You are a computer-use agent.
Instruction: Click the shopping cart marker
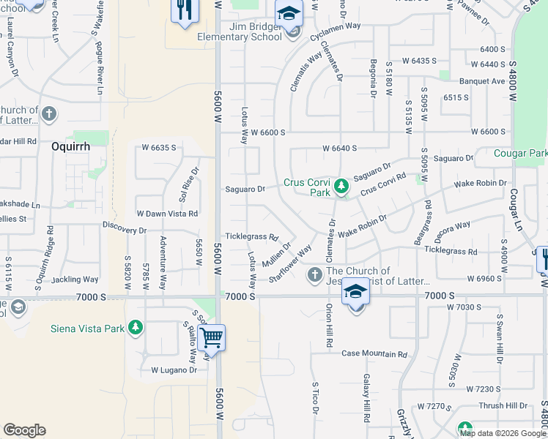211,337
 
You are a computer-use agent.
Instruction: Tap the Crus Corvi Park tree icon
341,187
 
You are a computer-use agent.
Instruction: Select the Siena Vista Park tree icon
135,328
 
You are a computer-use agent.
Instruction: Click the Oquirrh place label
70,146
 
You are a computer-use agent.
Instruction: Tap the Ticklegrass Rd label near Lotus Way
251,237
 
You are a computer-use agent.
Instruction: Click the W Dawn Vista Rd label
168,214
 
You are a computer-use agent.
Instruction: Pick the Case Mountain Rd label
374,354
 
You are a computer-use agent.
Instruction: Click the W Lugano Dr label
174,370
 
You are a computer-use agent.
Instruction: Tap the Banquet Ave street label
483,81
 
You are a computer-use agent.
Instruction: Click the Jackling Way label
75,279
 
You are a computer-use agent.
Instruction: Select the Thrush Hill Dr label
503,405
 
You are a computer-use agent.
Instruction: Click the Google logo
24,430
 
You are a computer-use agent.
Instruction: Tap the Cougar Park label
520,154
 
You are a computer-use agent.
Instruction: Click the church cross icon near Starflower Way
314,274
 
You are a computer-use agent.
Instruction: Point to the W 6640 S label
339,148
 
